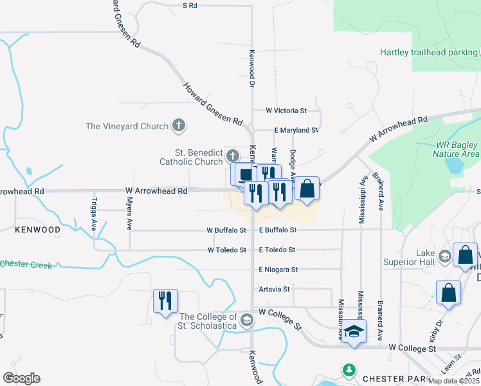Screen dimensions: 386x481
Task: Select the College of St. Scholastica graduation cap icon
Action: coord(246,320)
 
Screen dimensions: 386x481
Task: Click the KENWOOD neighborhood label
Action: coord(39,230)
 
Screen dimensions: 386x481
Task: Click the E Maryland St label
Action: coord(296,130)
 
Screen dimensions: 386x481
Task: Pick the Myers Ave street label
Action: coord(129,217)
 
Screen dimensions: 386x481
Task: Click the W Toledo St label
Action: coord(226,250)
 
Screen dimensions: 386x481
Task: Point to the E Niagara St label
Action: coord(278,270)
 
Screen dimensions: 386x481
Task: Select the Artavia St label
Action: coord(274,289)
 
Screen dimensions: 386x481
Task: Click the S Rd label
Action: coord(190,5)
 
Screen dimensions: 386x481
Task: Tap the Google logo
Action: coord(21,378)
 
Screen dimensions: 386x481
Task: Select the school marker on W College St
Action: coord(353,331)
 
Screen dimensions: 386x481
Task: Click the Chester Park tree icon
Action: coord(349,370)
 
